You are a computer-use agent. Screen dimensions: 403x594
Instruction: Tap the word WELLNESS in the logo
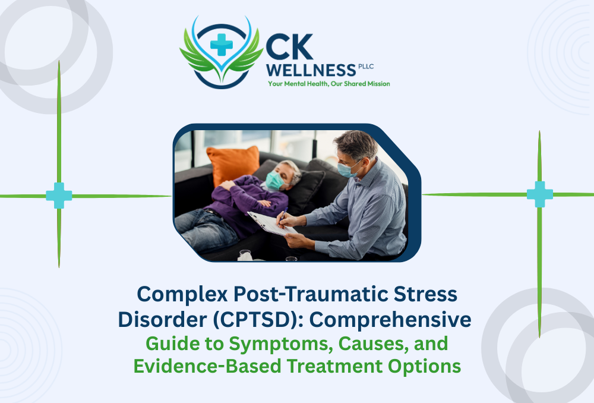point(311,70)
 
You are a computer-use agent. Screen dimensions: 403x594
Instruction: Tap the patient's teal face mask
point(274,180)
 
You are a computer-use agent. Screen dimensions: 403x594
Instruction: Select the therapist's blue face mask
point(347,169)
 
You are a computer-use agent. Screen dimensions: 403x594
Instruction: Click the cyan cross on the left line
point(59,196)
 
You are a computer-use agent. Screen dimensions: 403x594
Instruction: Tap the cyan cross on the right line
point(539,194)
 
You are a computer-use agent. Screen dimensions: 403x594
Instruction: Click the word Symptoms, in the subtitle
point(263,344)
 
